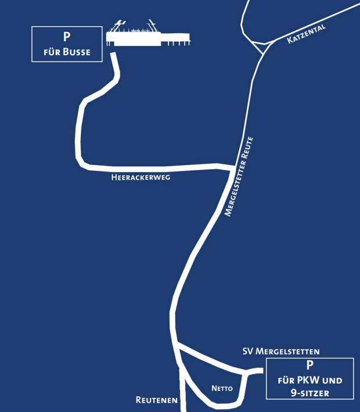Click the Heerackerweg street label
tap(140, 178)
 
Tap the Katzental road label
tap(307, 34)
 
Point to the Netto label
tap(222, 388)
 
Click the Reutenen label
tap(156, 400)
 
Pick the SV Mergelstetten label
tap(281, 352)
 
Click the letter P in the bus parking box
tap(67, 37)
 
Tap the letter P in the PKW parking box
tap(309, 366)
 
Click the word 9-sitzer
tap(309, 393)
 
